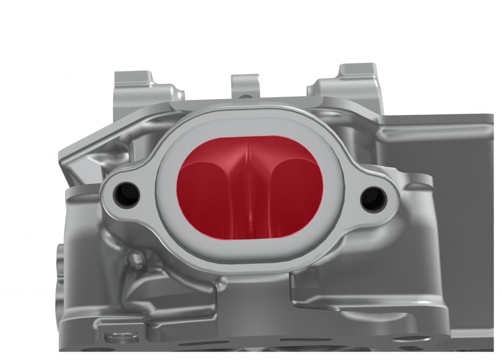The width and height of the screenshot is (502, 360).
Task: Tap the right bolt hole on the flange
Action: point(374,198)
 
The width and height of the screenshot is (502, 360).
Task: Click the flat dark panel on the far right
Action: point(441,142)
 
